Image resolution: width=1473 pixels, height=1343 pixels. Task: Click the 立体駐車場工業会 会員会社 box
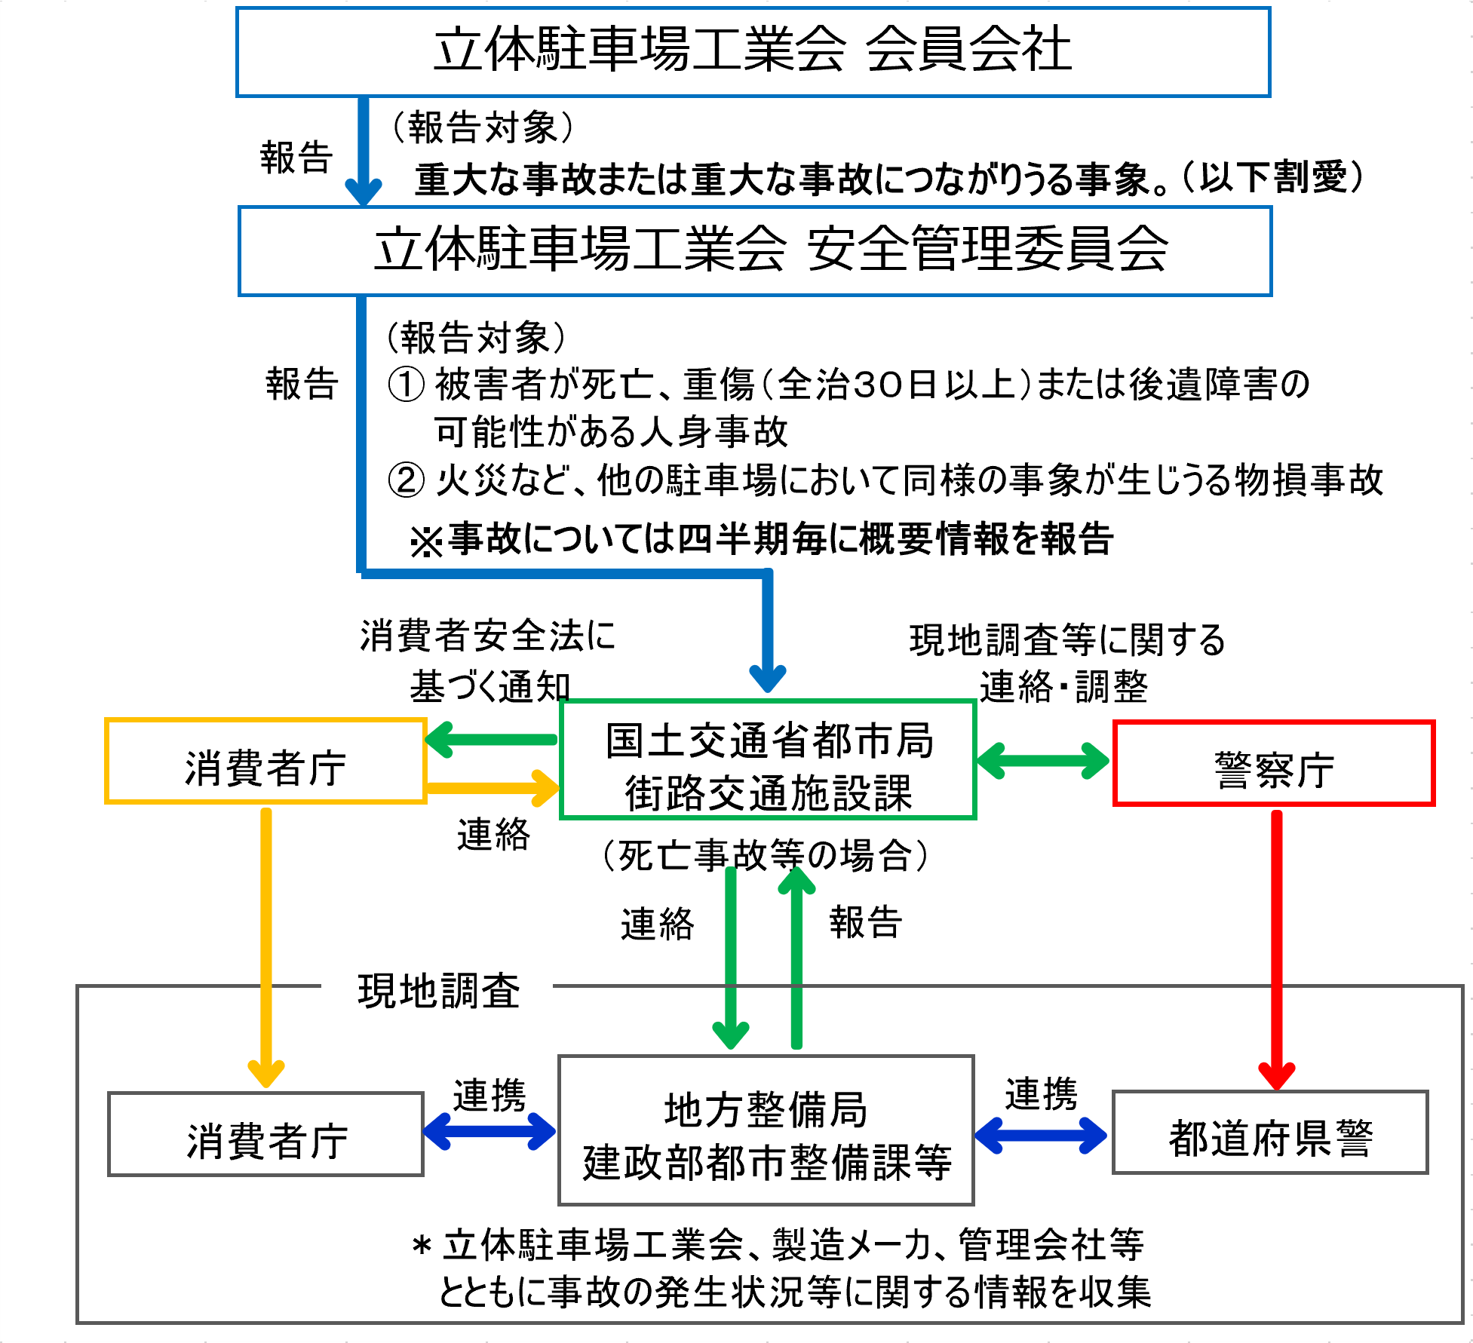coord(753,51)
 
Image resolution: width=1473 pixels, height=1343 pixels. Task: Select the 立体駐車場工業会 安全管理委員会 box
coord(755,251)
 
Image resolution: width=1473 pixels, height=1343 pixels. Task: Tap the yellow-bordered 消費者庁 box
coord(265,762)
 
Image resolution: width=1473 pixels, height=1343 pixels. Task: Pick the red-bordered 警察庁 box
coord(1273,764)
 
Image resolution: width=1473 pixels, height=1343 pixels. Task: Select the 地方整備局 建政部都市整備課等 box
coord(766,1130)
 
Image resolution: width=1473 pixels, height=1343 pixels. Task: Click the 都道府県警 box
coord(1270,1133)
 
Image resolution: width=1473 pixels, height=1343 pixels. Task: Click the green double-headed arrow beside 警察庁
coord(1043,761)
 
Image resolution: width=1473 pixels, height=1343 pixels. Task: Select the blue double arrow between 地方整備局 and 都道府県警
coord(1041,1135)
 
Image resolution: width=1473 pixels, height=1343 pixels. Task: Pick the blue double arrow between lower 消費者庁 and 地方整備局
coord(489,1132)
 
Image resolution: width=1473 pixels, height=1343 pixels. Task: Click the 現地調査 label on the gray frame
coord(438,990)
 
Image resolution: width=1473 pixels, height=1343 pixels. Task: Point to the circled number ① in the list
coord(406,384)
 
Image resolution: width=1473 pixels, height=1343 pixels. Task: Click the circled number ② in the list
coord(406,480)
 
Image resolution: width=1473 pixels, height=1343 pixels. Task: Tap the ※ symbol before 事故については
coord(426,541)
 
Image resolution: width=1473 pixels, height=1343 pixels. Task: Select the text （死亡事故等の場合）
coord(765,855)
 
